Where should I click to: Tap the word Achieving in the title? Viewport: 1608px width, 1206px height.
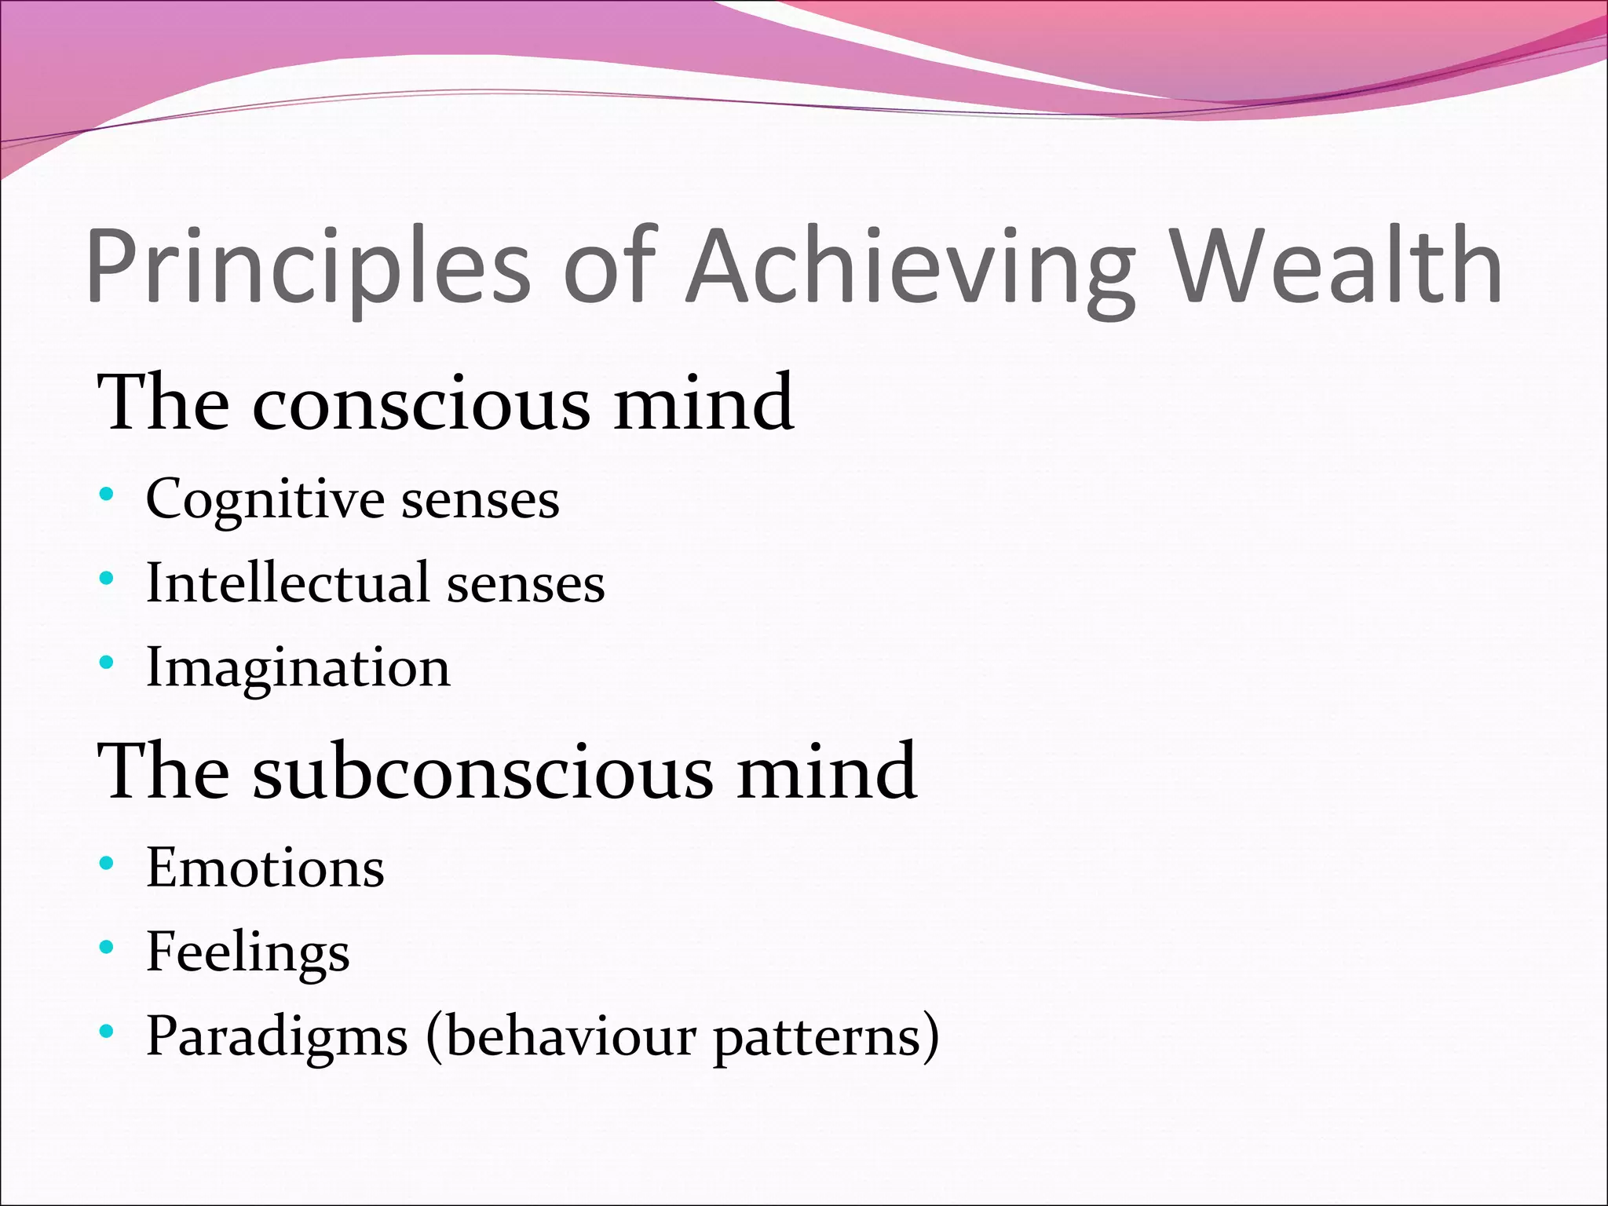[911, 267]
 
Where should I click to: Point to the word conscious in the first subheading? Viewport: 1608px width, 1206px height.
[421, 404]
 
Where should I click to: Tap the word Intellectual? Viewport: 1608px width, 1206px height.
[287, 583]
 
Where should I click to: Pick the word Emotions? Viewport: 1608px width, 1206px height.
[265, 868]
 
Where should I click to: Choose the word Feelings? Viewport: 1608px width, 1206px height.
[248, 953]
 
